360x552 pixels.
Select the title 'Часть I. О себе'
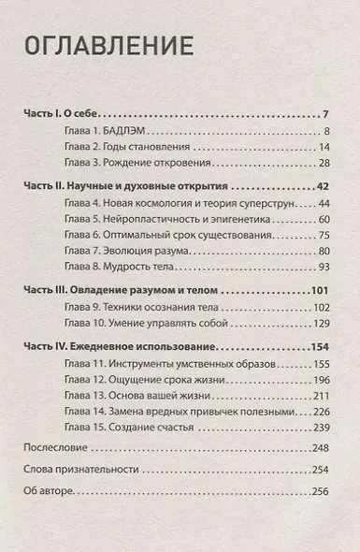[62, 111]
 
